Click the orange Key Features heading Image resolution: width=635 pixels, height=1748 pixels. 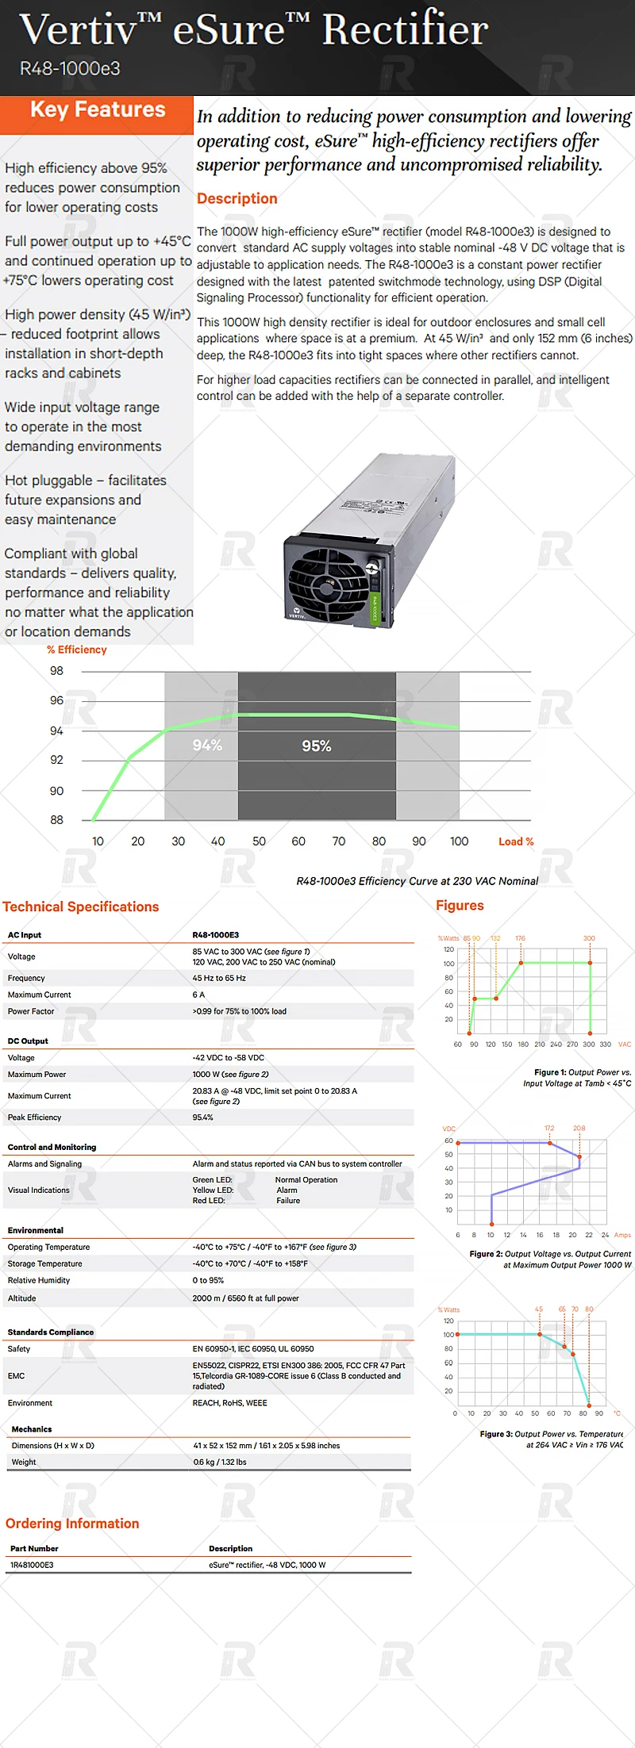98,110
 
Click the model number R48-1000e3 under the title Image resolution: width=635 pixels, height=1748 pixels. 70,69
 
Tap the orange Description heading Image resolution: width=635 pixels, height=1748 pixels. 237,199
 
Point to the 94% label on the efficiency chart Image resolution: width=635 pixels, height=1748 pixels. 207,746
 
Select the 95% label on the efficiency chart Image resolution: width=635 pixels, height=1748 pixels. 317,746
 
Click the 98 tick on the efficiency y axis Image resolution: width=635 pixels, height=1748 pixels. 56,671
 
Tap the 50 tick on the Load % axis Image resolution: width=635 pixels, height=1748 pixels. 259,841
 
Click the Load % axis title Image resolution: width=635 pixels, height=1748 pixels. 516,841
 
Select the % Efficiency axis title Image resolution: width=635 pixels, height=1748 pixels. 77,650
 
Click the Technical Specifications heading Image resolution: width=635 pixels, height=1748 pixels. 81,907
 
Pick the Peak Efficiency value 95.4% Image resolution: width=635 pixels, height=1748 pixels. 203,1117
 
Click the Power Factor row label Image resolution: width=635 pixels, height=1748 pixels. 31,1011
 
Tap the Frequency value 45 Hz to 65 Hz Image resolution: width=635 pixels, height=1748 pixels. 219,979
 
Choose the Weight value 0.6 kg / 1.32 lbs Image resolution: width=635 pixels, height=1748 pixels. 220,1462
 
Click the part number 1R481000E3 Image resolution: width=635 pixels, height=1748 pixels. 32,1565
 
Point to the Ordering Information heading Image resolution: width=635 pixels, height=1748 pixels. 72,1524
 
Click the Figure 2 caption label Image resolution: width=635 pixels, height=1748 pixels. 486,1254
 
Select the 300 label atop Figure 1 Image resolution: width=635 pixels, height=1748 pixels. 589,938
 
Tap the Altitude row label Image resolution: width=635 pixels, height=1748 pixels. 22,1298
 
